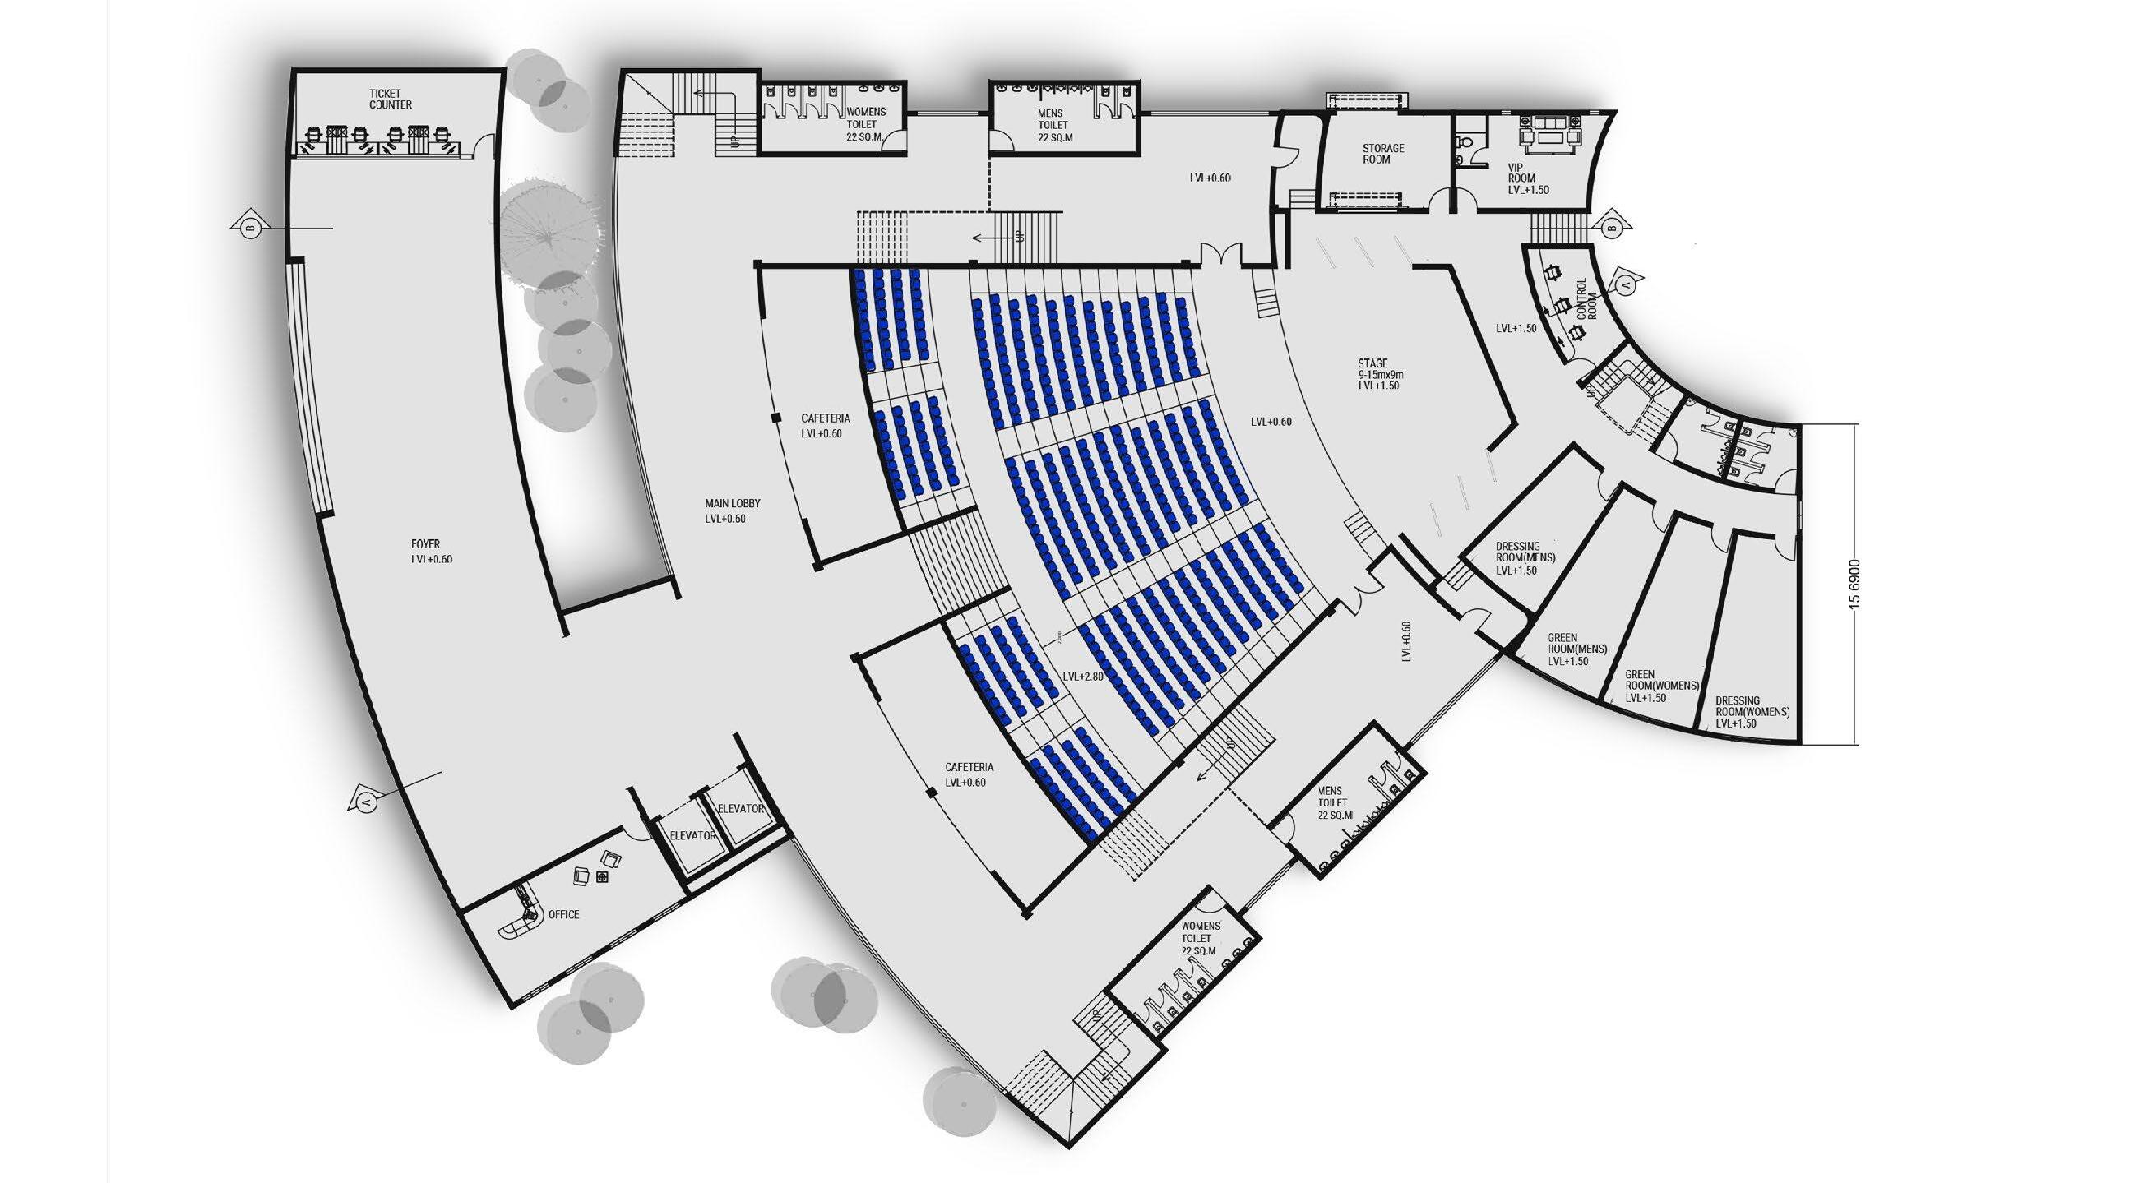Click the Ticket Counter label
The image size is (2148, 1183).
click(x=391, y=99)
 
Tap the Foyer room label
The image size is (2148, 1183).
click(x=425, y=544)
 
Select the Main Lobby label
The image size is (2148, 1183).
click(x=732, y=504)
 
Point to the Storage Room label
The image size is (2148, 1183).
click(x=1383, y=154)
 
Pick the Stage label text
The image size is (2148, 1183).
click(x=1373, y=363)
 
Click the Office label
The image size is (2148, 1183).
click(x=563, y=914)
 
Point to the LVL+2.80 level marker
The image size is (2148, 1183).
click(x=1083, y=676)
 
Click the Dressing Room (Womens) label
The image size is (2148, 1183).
click(x=1752, y=707)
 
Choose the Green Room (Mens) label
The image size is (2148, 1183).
click(x=1576, y=644)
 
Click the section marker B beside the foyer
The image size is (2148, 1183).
click(x=249, y=227)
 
